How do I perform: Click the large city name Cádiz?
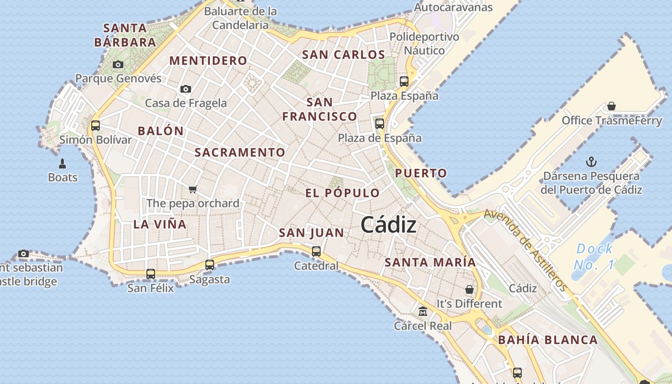[x=388, y=225]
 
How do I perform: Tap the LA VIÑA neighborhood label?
[x=160, y=224]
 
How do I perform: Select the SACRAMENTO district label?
[x=240, y=153]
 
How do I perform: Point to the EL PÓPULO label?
[x=343, y=193]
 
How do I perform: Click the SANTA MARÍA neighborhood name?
[x=430, y=263]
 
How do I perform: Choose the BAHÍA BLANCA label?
[x=548, y=340]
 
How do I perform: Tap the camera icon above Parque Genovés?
[x=118, y=64]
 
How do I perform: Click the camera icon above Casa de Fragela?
[x=186, y=89]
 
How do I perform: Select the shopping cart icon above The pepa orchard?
[x=193, y=189]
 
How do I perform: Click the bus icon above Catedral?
[x=316, y=251]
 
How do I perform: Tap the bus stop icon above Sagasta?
[x=210, y=264]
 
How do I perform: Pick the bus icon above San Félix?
[x=151, y=274]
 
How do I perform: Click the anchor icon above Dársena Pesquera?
[x=591, y=162]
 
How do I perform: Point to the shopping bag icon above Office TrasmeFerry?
[x=612, y=106]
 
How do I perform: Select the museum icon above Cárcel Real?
[x=423, y=312]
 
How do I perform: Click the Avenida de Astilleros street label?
[x=526, y=250]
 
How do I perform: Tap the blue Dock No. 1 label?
[x=594, y=256]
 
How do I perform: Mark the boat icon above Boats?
[x=62, y=163]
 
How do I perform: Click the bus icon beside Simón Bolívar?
[x=96, y=126]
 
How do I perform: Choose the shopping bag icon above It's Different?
[x=469, y=289]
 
